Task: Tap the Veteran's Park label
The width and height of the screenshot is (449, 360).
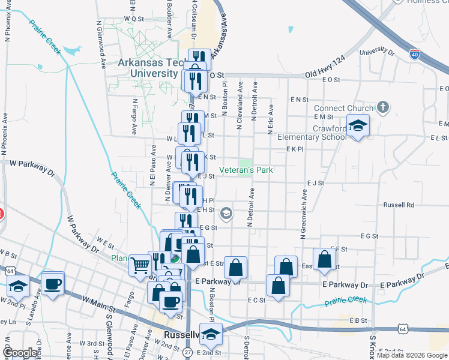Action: [x=246, y=170]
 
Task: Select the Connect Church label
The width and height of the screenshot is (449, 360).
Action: [x=343, y=109]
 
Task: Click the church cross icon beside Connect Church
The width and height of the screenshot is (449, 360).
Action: [x=384, y=109]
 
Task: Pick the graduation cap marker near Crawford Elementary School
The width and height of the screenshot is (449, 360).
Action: [x=358, y=126]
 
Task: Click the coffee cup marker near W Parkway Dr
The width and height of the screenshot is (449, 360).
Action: [x=53, y=283]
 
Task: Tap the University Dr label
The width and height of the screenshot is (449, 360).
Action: [x=377, y=52]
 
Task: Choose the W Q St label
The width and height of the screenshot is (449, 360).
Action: [x=134, y=19]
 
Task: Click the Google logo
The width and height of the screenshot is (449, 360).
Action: [x=20, y=353]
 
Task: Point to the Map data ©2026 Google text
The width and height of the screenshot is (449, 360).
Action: [x=412, y=355]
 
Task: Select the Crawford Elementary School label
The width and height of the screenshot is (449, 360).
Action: [x=312, y=133]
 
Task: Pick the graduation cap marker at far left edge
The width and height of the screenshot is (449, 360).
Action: [x=18, y=287]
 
